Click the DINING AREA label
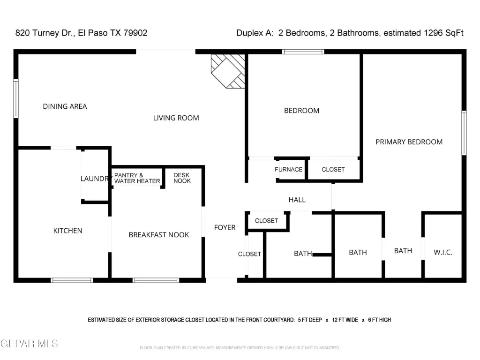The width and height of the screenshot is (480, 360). pyautogui.click(x=65, y=106)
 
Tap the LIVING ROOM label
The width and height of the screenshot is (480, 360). pyautogui.click(x=176, y=118)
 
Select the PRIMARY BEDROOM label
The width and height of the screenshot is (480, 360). pyautogui.click(x=409, y=142)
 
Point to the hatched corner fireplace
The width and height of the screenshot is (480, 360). pyautogui.click(x=228, y=71)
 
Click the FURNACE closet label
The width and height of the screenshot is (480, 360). pyautogui.click(x=288, y=170)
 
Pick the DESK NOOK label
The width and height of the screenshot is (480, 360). pyautogui.click(x=182, y=178)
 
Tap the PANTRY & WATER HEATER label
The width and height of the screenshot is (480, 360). pyautogui.click(x=137, y=178)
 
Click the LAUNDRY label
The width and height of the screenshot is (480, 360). pyautogui.click(x=95, y=179)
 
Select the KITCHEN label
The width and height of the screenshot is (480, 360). pyautogui.click(x=67, y=231)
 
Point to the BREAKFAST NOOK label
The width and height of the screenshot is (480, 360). pyautogui.click(x=159, y=235)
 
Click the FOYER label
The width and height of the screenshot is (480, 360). pyautogui.click(x=225, y=227)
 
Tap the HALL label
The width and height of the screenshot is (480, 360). pyautogui.click(x=297, y=200)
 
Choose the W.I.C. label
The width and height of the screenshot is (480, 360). pyautogui.click(x=443, y=253)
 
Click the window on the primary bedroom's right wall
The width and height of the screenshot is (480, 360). pyautogui.click(x=464, y=133)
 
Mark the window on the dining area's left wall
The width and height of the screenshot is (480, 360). pyautogui.click(x=16, y=98)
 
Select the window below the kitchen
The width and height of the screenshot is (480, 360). pyautogui.click(x=72, y=280)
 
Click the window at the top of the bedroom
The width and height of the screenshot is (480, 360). pyautogui.click(x=303, y=52)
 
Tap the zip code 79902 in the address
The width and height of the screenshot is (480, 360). pyautogui.click(x=135, y=33)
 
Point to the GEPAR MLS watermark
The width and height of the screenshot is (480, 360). pyautogui.click(x=30, y=344)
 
